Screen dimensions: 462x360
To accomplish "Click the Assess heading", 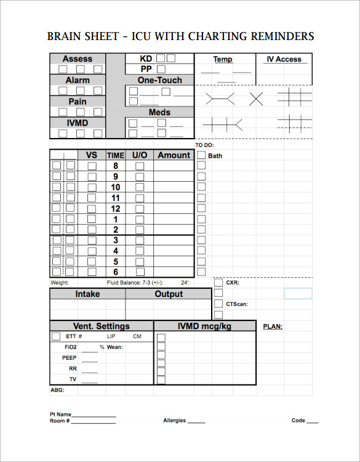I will [x=78, y=59].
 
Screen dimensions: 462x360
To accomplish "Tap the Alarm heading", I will [x=78, y=80].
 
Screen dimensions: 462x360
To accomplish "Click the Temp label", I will [x=223, y=59].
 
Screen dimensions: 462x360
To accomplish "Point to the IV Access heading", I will [x=284, y=59].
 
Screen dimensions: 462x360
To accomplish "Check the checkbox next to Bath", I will [x=201, y=155].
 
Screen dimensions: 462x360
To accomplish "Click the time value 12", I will [x=115, y=208].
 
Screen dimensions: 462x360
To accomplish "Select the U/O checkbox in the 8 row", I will [x=140, y=166].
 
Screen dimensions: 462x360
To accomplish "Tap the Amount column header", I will [x=174, y=155].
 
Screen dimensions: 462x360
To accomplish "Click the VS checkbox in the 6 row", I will [x=92, y=272].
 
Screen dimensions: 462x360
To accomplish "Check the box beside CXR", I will [x=218, y=283].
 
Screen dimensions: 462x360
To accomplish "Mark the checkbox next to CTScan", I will [x=218, y=304].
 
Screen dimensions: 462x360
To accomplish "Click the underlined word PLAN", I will [x=273, y=326].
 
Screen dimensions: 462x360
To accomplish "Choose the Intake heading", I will [x=87, y=294].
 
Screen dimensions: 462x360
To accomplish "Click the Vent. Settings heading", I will [x=102, y=326].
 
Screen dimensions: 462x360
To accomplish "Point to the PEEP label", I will [x=69, y=357].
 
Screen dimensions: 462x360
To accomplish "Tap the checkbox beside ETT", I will [x=56, y=336].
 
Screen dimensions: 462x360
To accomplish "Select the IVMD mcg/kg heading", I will [x=204, y=326].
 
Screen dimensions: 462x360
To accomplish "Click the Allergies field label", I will [x=175, y=421].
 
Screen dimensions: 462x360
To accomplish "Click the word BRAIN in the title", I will [x=64, y=36].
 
